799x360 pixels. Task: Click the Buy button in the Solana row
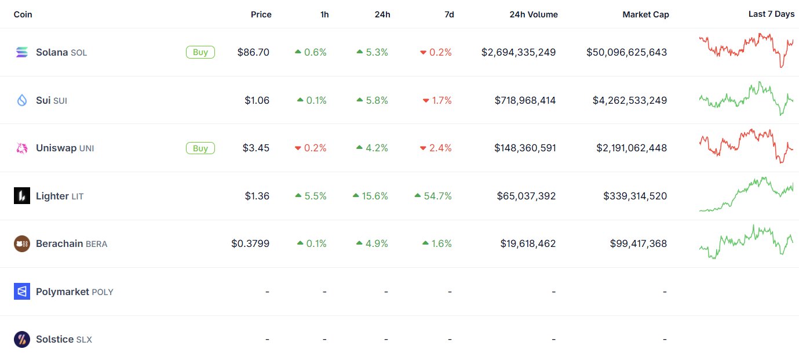(200, 52)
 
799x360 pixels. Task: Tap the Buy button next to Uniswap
(200, 148)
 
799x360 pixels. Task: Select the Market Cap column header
(645, 14)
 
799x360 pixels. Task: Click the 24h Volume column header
(533, 14)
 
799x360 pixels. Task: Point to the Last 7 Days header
(771, 14)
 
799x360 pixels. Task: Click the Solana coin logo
(22, 52)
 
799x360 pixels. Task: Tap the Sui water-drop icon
(22, 100)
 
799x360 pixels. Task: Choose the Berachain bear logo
(22, 243)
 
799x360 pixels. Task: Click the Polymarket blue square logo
(22, 292)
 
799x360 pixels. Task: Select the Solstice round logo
(22, 339)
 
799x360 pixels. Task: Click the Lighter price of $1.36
(257, 196)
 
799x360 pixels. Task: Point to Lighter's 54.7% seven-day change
(433, 196)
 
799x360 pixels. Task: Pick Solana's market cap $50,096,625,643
(626, 52)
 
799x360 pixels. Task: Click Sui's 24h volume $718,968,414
(525, 100)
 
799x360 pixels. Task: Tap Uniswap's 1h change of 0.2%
(311, 148)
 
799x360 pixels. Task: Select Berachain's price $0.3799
(250, 243)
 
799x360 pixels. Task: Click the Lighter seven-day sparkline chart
(746, 194)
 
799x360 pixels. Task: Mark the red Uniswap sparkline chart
(746, 146)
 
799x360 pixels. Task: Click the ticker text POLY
(103, 292)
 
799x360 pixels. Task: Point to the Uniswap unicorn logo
(22, 148)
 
